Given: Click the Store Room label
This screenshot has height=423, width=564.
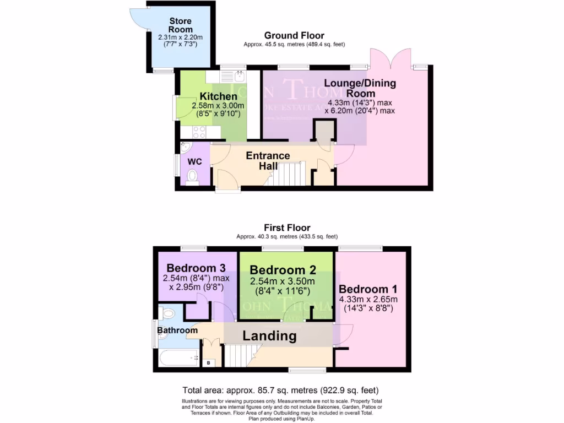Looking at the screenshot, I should pyautogui.click(x=180, y=25).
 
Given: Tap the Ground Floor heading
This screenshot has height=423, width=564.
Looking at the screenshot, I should pyautogui.click(x=294, y=36).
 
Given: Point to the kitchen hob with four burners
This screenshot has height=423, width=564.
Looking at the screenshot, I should pyautogui.click(x=199, y=132).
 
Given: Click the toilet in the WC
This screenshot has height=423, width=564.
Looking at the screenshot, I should pyautogui.click(x=192, y=176).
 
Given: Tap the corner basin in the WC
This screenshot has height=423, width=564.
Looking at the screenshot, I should pyautogui.click(x=185, y=147).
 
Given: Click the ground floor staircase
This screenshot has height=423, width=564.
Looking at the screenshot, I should pyautogui.click(x=290, y=173).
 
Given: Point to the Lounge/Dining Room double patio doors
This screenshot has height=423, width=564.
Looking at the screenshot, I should pyautogui.click(x=391, y=58).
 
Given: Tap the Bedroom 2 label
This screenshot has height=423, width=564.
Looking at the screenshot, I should pyautogui.click(x=283, y=270).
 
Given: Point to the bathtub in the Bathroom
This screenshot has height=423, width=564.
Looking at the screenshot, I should pyautogui.click(x=180, y=359).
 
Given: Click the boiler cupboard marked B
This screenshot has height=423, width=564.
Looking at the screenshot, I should pyautogui.click(x=209, y=363).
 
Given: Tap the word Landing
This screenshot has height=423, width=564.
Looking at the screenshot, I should pyautogui.click(x=269, y=336).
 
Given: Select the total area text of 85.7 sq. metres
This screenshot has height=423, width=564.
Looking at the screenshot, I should pyautogui.click(x=280, y=390).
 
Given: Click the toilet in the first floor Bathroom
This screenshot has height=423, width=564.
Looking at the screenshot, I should pyautogui.click(x=167, y=314).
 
